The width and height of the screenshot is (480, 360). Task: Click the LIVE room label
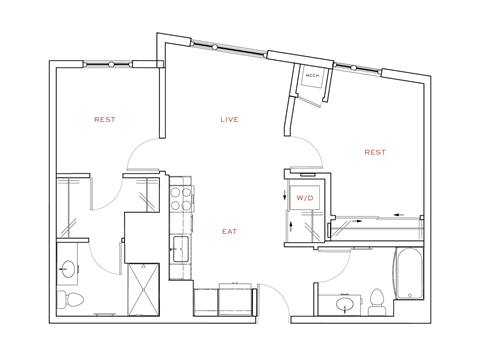pos(230,120)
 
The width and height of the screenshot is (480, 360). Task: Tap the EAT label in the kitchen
pos(230,232)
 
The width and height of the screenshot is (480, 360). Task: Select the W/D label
pos(304,198)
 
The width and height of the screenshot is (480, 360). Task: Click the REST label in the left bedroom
pos(104,120)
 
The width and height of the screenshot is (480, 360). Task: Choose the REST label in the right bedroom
pos(375,153)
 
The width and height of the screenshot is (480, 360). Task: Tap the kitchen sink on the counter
pos(181,248)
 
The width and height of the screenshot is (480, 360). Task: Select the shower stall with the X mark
pos(143,289)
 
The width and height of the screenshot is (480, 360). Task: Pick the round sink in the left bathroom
pos(68,268)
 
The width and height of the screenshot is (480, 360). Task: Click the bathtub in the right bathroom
pos(409,273)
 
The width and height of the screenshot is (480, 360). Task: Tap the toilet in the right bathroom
pos(377,301)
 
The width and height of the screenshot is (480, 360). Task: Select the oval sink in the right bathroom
pos(345,304)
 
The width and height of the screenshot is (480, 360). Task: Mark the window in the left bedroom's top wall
pos(110,64)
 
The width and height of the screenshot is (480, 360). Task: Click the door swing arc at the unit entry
pos(272,298)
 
